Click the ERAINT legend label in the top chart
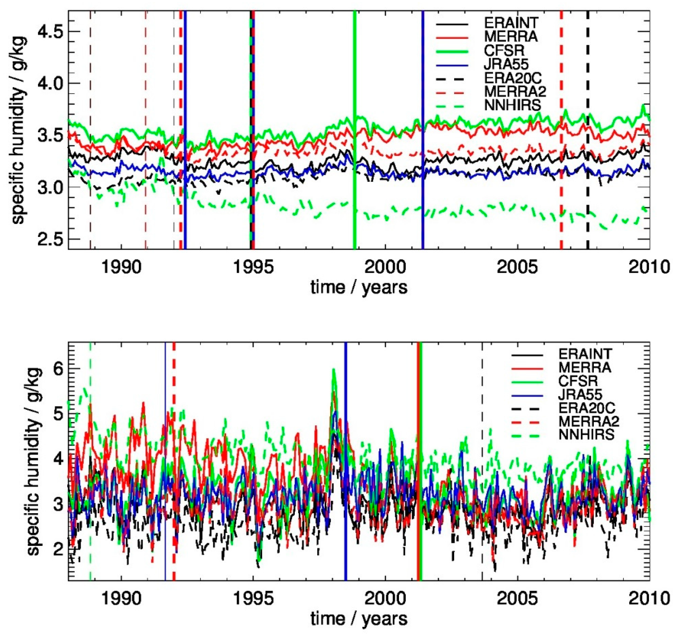pos(511,23)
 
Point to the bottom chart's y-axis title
pos(34,462)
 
